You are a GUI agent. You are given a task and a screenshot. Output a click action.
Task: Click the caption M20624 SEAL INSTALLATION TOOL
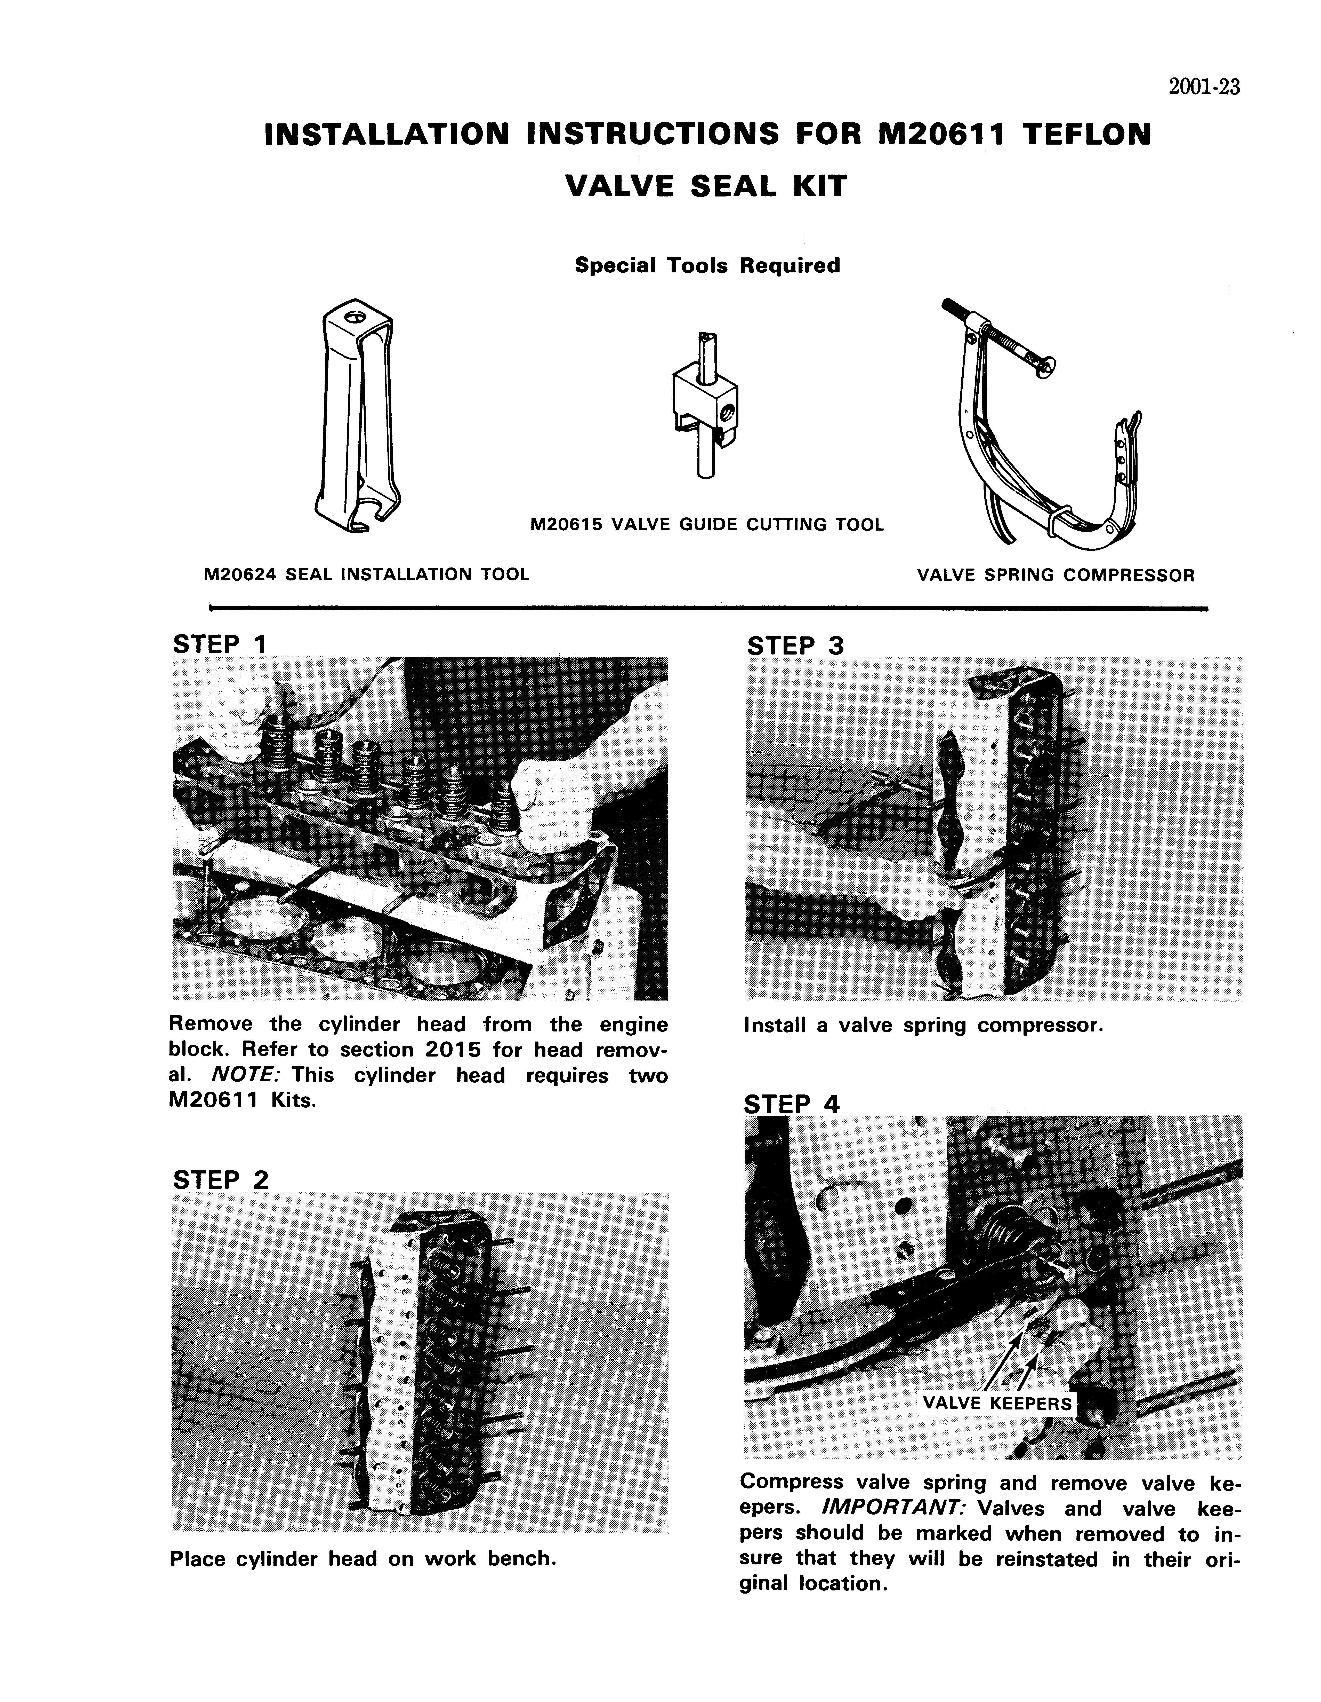click(x=366, y=574)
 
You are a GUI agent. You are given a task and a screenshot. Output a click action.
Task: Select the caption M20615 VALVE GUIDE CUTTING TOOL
click(x=706, y=524)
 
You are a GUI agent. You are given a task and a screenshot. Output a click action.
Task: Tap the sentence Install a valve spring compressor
click(x=924, y=1026)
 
